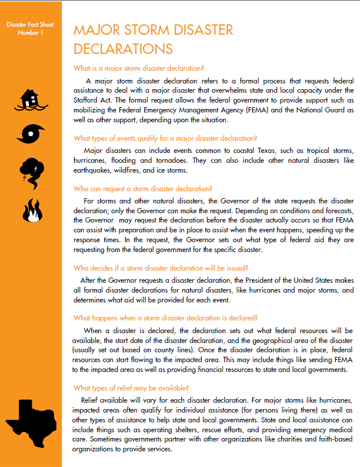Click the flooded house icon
[x=31, y=99]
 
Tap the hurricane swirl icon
[x=31, y=134]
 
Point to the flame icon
[x=30, y=211]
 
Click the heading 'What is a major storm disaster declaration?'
[x=139, y=67]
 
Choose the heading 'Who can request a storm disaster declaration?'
[x=143, y=188]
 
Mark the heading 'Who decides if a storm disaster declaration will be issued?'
[x=161, y=268]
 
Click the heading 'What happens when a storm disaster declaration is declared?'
[x=165, y=318]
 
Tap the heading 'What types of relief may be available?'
[x=131, y=388]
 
